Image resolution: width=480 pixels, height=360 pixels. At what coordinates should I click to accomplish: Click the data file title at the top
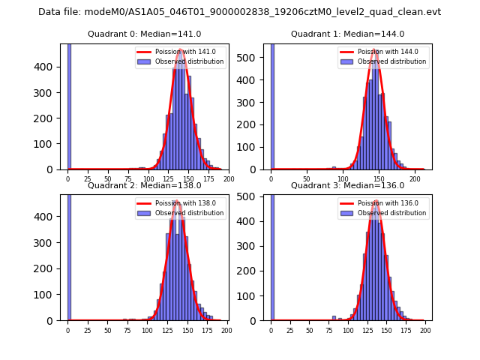pos(239,12)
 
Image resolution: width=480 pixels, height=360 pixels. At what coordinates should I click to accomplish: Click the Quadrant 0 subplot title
pos(144,34)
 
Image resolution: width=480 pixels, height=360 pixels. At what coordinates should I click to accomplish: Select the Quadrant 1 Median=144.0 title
pos(347,34)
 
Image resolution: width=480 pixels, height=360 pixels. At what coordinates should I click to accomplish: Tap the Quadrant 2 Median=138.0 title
pos(144,185)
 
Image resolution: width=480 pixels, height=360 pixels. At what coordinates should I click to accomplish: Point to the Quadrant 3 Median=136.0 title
pos(347,185)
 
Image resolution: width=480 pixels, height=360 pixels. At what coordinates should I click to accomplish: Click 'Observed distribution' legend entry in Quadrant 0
pos(189,61)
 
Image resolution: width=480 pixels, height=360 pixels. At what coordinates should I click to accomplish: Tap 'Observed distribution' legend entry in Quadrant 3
pos(391,213)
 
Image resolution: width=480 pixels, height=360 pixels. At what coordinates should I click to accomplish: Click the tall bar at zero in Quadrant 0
pos(69,105)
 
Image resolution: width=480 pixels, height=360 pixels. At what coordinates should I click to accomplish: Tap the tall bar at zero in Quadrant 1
pos(272,105)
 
